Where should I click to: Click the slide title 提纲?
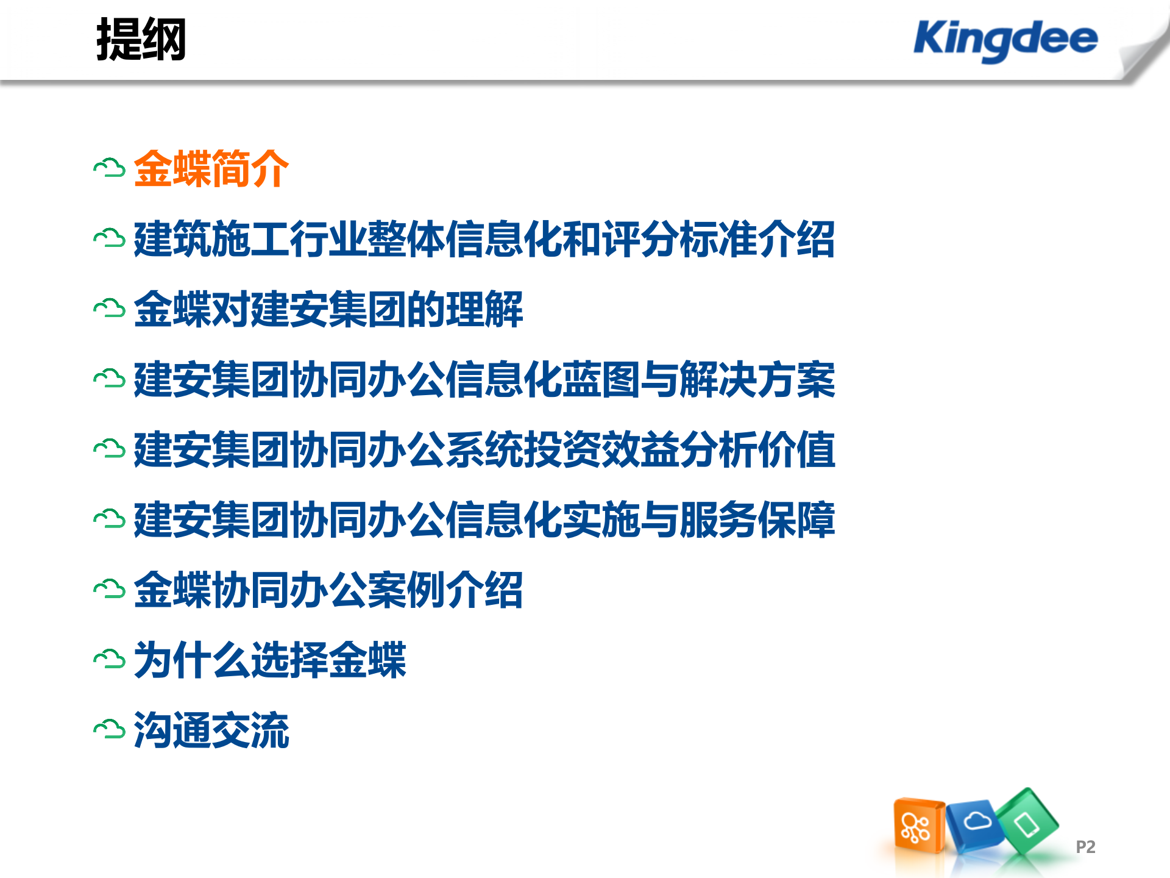pyautogui.click(x=141, y=40)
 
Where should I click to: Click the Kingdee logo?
pyautogui.click(x=1005, y=40)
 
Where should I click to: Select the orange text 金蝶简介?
pyautogui.click(x=211, y=169)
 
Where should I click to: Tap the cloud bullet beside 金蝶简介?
pyautogui.click(x=110, y=169)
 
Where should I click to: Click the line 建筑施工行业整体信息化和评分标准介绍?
pyautogui.click(x=484, y=239)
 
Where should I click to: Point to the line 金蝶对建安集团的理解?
pyautogui.click(x=328, y=309)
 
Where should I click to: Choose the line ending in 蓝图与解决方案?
pyautogui.click(x=484, y=379)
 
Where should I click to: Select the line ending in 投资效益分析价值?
pyautogui.click(x=484, y=449)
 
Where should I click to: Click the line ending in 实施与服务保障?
pyautogui.click(x=484, y=519)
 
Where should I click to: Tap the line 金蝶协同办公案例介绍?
pyautogui.click(x=328, y=590)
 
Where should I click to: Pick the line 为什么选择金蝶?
pyautogui.click(x=269, y=660)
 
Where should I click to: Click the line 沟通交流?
pyautogui.click(x=211, y=730)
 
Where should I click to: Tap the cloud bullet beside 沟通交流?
pyautogui.click(x=110, y=729)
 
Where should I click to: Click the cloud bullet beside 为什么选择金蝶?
pyautogui.click(x=110, y=659)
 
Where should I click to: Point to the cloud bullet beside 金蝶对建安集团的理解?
pyautogui.click(x=110, y=309)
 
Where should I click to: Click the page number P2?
pyautogui.click(x=1085, y=847)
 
